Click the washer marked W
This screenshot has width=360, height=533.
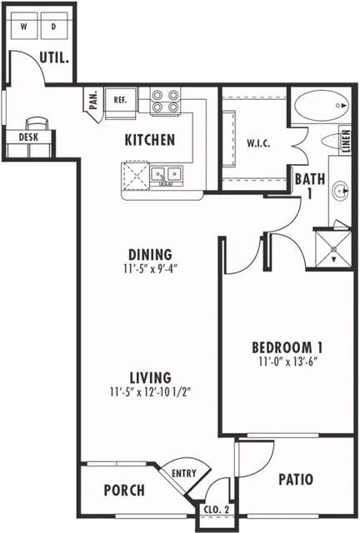pyautogui.click(x=24, y=26)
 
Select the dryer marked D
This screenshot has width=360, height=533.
pyautogui.click(x=54, y=26)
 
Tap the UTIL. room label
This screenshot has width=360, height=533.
pyautogui.click(x=54, y=57)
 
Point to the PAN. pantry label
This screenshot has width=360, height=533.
pyautogui.click(x=93, y=100)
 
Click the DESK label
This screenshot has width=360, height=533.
pyautogui.click(x=28, y=137)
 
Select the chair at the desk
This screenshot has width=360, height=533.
pyautogui.click(x=37, y=123)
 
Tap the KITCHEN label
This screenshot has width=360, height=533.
pyautogui.click(x=150, y=140)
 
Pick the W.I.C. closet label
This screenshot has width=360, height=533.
pyautogui.click(x=258, y=143)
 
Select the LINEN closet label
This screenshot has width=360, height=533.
pyautogui.click(x=346, y=141)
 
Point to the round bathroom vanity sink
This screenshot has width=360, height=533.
pyautogui.click(x=341, y=191)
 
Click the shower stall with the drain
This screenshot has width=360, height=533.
pyautogui.click(x=333, y=249)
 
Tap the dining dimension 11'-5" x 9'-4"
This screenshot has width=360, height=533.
pyautogui.click(x=150, y=270)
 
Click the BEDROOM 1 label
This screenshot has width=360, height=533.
pyautogui.click(x=287, y=347)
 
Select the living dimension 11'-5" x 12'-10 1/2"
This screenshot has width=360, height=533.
pyautogui.click(x=150, y=392)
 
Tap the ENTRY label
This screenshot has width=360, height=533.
pyautogui.click(x=184, y=473)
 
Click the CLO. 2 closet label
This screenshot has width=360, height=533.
pyautogui.click(x=217, y=510)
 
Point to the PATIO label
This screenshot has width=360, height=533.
pyautogui.click(x=296, y=480)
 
